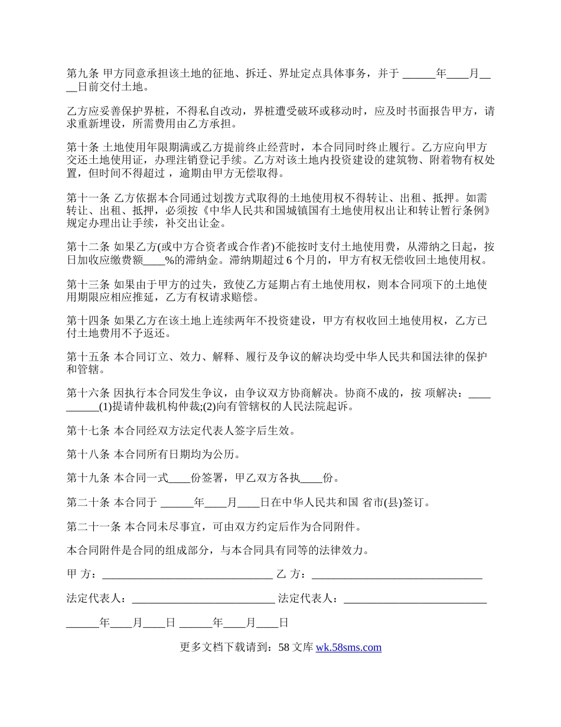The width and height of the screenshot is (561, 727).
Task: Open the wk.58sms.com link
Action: [348, 647]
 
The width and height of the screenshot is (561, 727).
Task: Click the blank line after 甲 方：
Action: [187, 575]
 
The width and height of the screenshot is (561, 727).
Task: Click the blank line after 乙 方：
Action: [397, 575]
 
